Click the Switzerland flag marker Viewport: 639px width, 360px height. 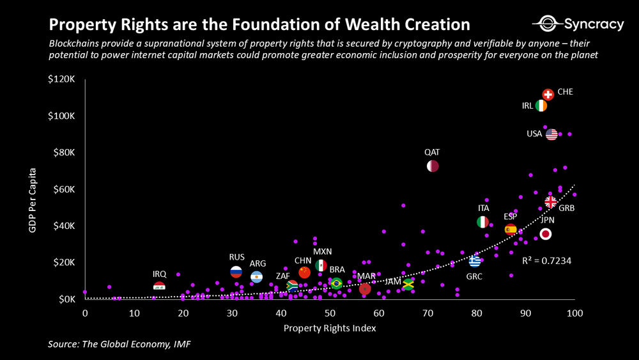click(548, 95)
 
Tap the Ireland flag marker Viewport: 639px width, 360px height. click(541, 106)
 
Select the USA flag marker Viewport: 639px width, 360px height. click(551, 134)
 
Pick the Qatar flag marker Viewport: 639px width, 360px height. click(433, 166)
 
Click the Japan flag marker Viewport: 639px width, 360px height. click(545, 234)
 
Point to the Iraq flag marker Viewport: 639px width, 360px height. click(159, 286)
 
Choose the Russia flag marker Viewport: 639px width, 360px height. click(236, 271)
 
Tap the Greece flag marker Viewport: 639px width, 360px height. click(475, 261)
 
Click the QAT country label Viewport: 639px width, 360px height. click(432, 153)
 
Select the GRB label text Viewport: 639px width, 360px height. click(567, 208)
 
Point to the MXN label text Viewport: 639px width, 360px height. click(322, 251)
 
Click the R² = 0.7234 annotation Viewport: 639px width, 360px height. click(546, 261)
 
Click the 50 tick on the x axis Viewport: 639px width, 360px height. click(330, 313)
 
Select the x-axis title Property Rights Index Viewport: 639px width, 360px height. click(330, 329)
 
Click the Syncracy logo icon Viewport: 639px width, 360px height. click(547, 24)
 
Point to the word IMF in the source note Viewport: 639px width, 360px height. click(181, 345)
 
